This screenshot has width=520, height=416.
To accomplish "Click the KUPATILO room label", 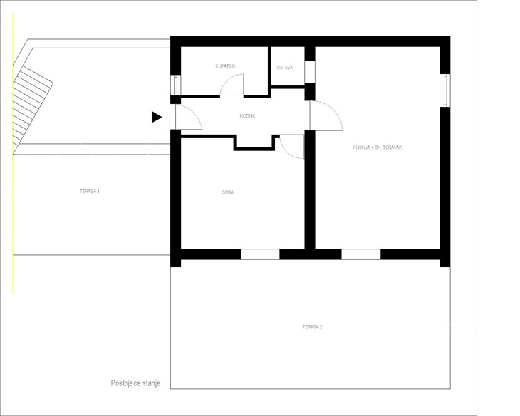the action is tap(225, 66).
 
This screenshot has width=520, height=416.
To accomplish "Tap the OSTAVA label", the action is tap(285, 68).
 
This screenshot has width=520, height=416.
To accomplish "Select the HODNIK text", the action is tap(247, 116).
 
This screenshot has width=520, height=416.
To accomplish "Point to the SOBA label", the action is tap(228, 192).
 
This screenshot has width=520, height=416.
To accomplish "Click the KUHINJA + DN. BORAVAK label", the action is tap(377, 147).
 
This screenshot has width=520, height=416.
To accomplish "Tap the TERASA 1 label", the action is tap(90, 192).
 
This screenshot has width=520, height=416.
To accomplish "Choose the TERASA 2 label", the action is tap(312, 327).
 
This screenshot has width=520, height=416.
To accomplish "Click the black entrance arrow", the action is tap(157, 117).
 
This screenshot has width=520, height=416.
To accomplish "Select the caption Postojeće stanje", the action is tap(135, 383).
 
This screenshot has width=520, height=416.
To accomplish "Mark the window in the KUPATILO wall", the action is tap(176, 85).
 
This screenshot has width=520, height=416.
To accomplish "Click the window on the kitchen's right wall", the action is tap(445, 90).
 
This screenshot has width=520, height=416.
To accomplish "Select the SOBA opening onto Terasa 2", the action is tap(260, 254).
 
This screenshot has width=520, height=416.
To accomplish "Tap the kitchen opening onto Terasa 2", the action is tap(361, 254).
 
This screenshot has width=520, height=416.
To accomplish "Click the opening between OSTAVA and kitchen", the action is tap(310, 72).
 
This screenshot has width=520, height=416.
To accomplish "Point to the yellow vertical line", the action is tap(13, 153).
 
